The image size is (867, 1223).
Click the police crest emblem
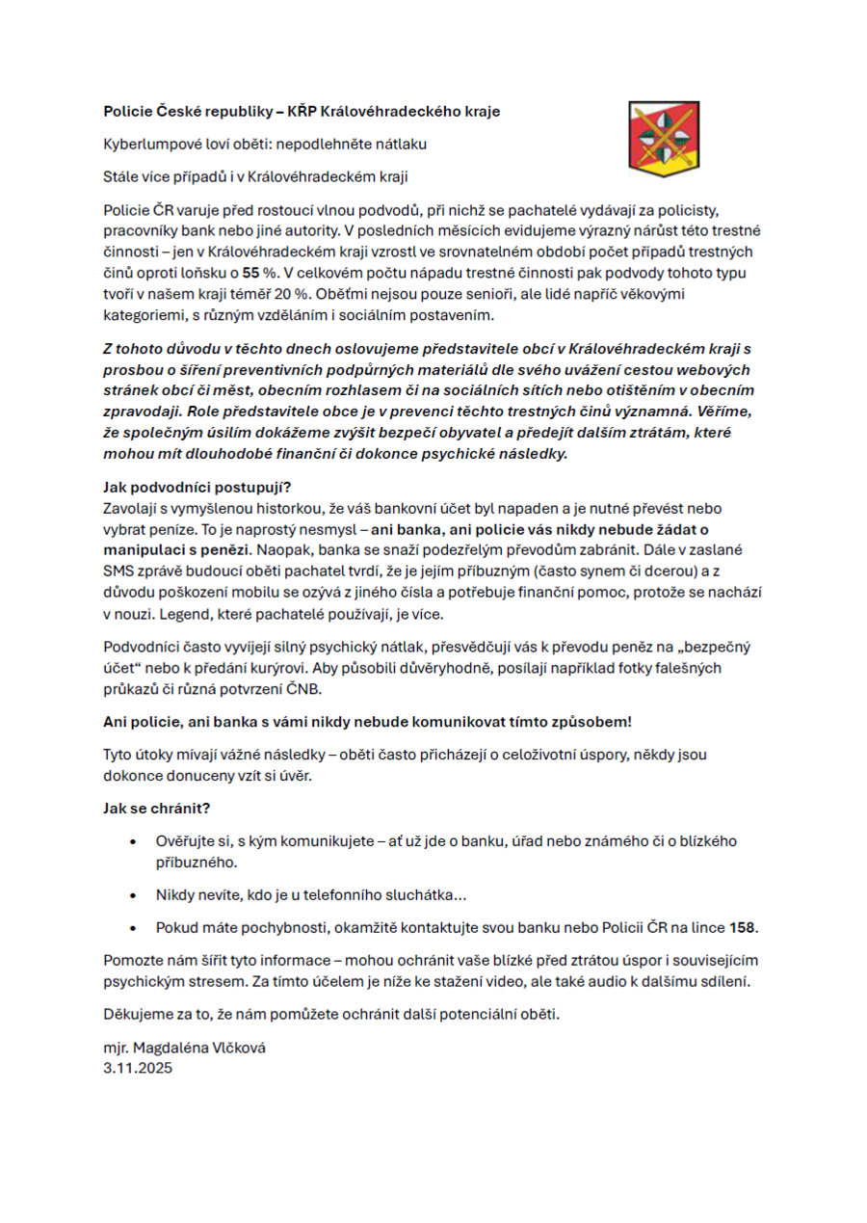[663, 139]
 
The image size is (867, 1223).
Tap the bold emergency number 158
[743, 928]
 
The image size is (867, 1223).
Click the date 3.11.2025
[138, 1068]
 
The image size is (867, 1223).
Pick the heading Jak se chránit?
[156, 807]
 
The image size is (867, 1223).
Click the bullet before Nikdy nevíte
[132, 895]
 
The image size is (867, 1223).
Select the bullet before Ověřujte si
[132, 842]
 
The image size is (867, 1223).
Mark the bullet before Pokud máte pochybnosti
[132, 928]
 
